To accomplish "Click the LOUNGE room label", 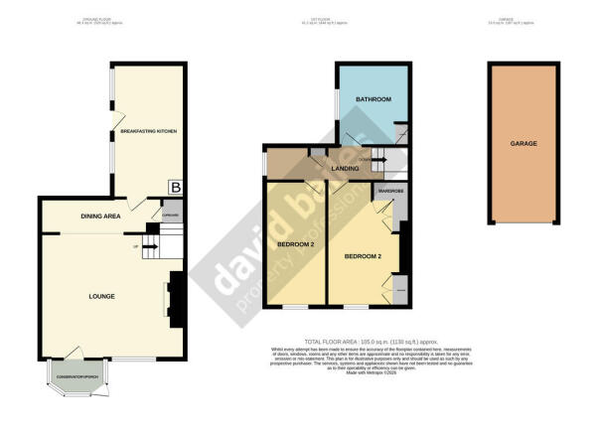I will tap(100, 296).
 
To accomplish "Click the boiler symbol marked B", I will tap(175, 186).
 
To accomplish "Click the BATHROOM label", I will tap(374, 100).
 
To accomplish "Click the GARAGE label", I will tap(524, 143).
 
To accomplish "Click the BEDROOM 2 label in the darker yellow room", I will tap(295, 243).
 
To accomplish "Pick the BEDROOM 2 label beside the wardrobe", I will tap(364, 256).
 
